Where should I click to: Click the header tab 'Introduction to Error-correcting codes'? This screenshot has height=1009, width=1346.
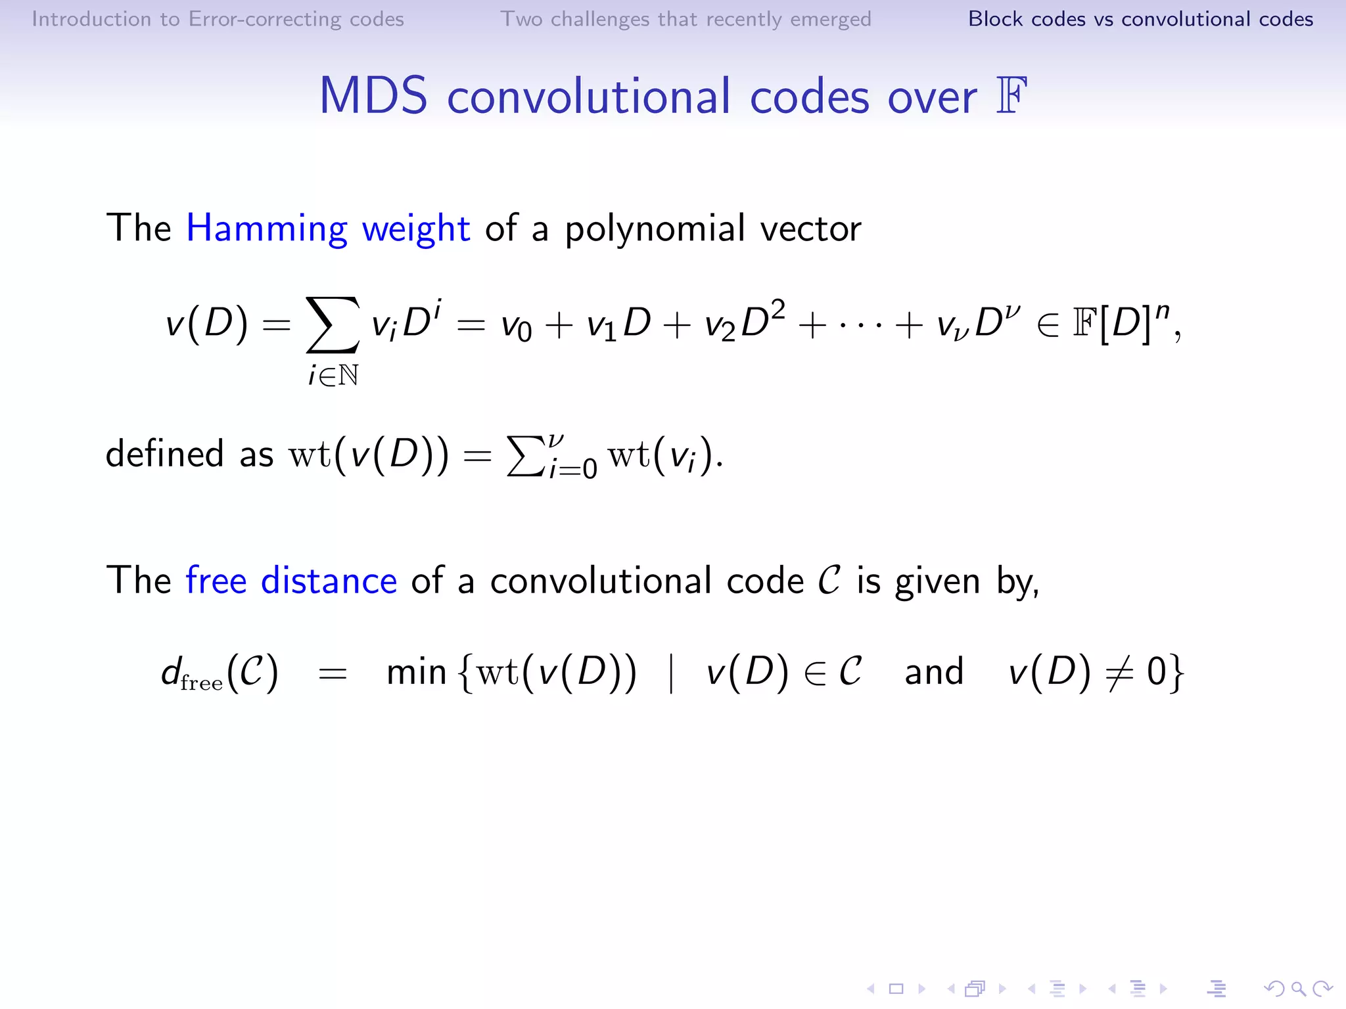(218, 19)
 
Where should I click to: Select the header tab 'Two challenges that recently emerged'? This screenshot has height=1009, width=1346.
(685, 19)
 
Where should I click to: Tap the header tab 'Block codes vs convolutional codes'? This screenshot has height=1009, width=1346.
(1140, 19)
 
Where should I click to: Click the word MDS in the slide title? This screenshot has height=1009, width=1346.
(373, 97)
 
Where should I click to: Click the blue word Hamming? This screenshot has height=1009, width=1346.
(266, 229)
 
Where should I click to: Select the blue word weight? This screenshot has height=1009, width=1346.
(416, 230)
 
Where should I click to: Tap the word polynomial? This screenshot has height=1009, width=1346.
(655, 230)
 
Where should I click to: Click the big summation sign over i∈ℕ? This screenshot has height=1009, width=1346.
(333, 325)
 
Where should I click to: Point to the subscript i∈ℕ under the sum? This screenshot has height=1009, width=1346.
(333, 376)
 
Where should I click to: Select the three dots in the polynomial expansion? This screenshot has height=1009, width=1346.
(860, 325)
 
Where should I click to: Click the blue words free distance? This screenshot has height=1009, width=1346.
(291, 581)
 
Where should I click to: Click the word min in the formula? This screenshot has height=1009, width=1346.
(416, 673)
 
